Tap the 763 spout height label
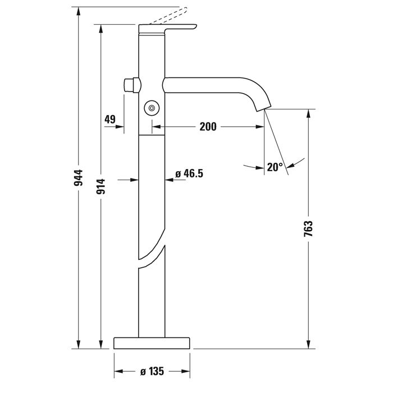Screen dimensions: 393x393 coord(308,231)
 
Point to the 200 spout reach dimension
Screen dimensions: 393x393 coord(208,127)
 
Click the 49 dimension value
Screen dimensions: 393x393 coord(110,119)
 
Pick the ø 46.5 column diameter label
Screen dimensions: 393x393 coord(189,174)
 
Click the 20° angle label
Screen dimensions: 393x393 coord(275,167)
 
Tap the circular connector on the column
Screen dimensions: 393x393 coord(152,107)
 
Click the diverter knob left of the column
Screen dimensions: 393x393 coord(131,86)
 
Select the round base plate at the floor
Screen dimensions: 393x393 coord(152,343)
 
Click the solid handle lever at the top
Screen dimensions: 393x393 coord(168,28)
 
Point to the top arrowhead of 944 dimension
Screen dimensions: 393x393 coord(79,11)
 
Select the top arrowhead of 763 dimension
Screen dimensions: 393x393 coord(308,113)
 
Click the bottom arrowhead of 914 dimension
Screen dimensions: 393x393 coord(101,344)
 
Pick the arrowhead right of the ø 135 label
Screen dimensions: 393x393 coord(185,371)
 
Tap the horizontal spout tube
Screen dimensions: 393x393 coord(208,85)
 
